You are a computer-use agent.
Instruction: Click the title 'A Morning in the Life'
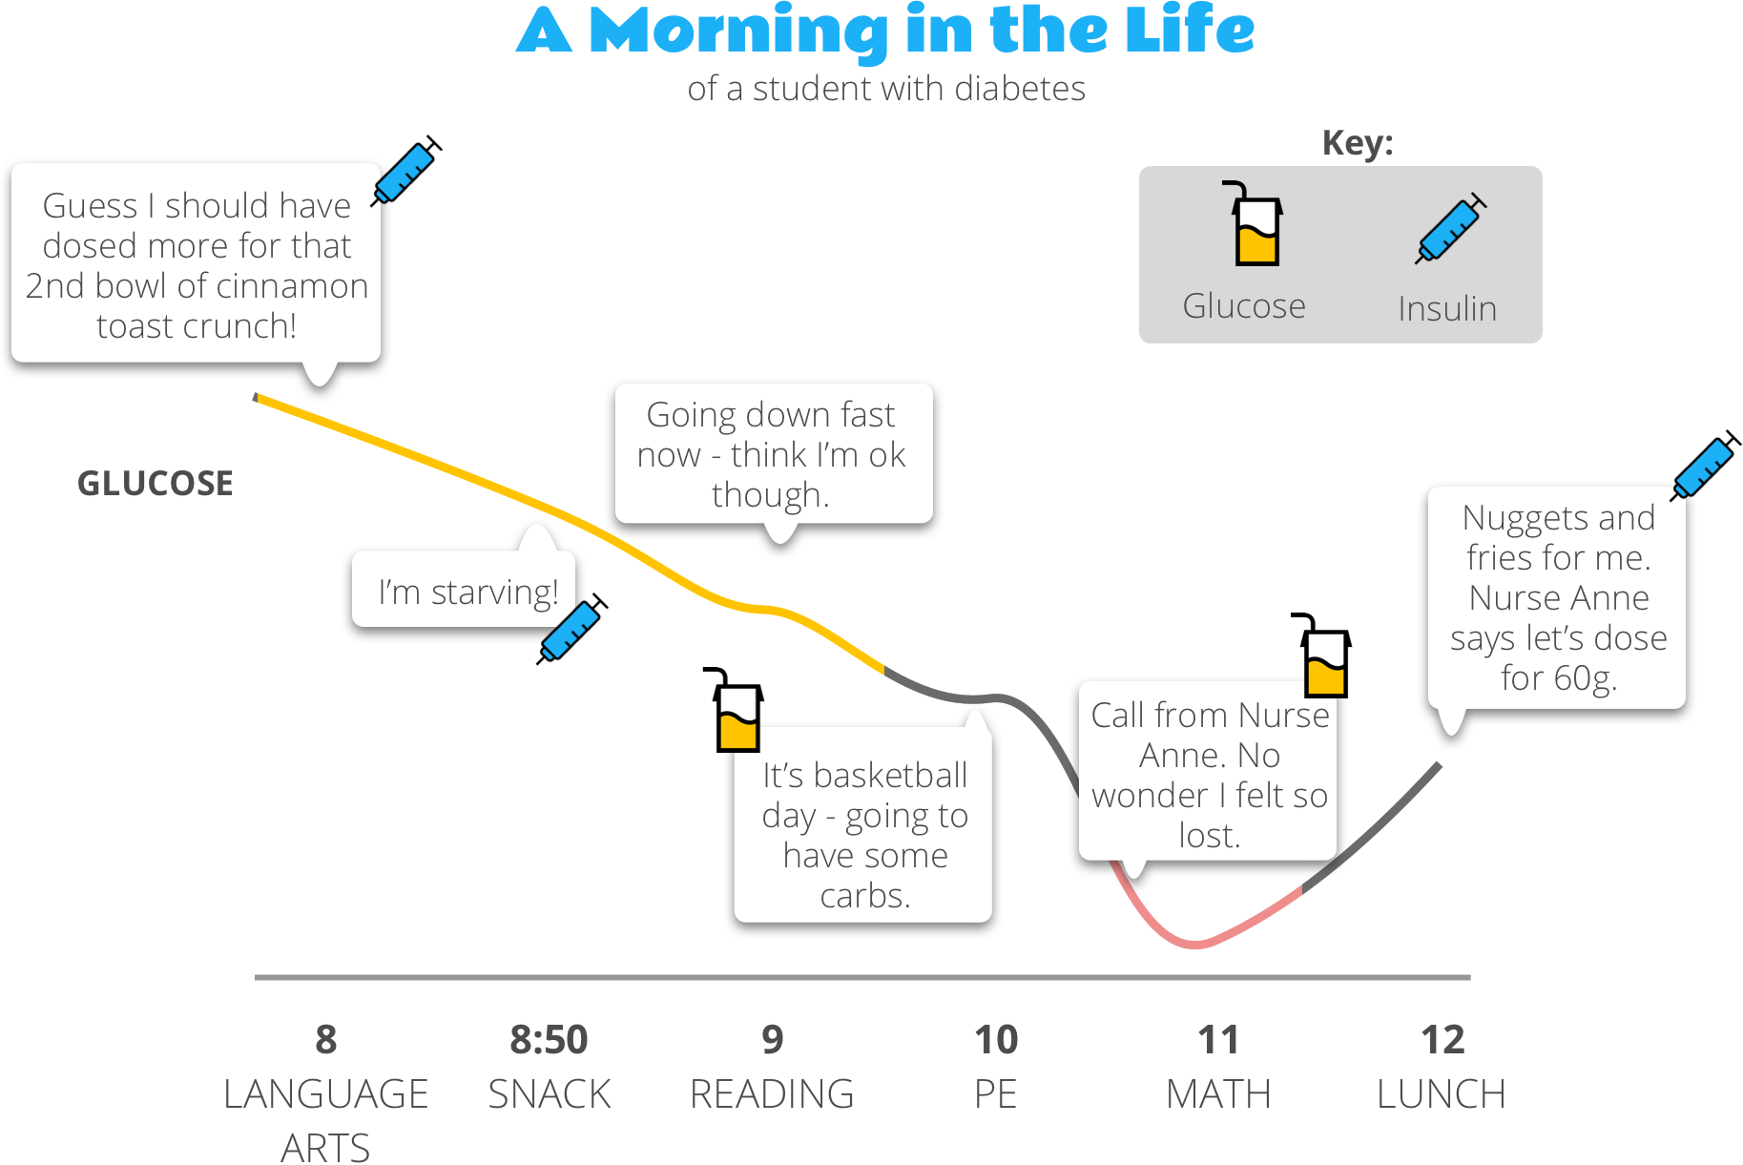(x=885, y=31)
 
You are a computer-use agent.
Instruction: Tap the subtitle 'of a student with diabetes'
(x=886, y=89)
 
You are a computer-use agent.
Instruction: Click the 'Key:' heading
(x=1357, y=143)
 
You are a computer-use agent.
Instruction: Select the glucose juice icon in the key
(x=1255, y=225)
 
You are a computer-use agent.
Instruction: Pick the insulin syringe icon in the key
(x=1449, y=228)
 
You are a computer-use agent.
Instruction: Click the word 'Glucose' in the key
(x=1244, y=306)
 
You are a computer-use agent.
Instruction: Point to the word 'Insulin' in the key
(x=1447, y=309)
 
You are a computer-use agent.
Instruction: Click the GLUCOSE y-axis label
(x=156, y=484)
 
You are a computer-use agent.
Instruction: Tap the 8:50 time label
(x=549, y=1040)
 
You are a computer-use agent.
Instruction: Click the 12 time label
(x=1442, y=1040)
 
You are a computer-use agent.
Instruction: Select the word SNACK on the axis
(x=549, y=1094)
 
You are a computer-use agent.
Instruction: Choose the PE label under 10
(x=995, y=1094)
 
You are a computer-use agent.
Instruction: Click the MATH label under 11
(x=1218, y=1094)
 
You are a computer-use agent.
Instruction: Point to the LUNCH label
(x=1441, y=1094)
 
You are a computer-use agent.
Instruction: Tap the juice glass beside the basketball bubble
(x=736, y=711)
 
